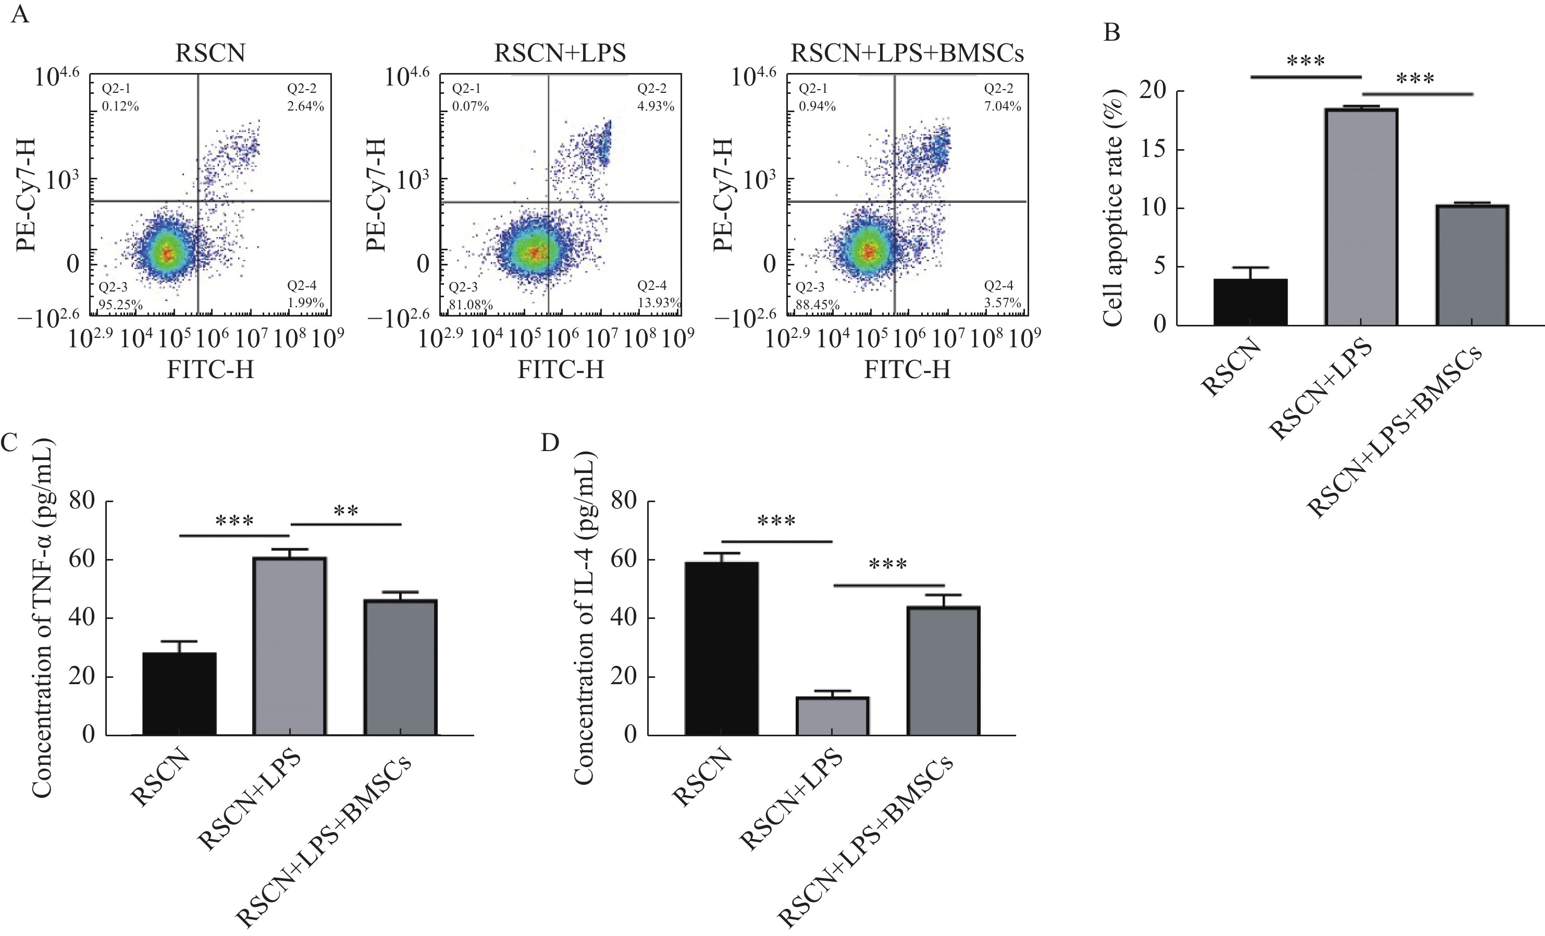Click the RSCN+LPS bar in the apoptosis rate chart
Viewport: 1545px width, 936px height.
point(1361,216)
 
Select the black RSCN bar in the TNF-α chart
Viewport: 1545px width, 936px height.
point(179,693)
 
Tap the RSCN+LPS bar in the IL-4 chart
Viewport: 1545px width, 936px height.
point(832,716)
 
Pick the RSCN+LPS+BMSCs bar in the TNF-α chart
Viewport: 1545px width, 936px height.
point(401,667)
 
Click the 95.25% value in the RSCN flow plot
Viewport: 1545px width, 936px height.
point(120,306)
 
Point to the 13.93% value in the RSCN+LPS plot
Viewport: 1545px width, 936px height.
point(658,303)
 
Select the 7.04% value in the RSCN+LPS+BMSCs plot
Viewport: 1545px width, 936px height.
point(1002,106)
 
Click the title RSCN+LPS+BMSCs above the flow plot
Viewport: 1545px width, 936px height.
point(907,53)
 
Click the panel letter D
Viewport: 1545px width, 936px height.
point(549,443)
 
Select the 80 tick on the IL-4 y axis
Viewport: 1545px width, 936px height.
point(623,501)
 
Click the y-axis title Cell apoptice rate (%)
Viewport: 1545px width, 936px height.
point(1113,207)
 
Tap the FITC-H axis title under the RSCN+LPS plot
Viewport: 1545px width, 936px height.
point(560,370)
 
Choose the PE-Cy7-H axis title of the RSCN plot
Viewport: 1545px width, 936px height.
point(27,195)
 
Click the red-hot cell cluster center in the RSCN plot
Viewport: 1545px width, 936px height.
point(167,253)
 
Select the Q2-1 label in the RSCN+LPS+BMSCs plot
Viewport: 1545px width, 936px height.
point(813,89)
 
